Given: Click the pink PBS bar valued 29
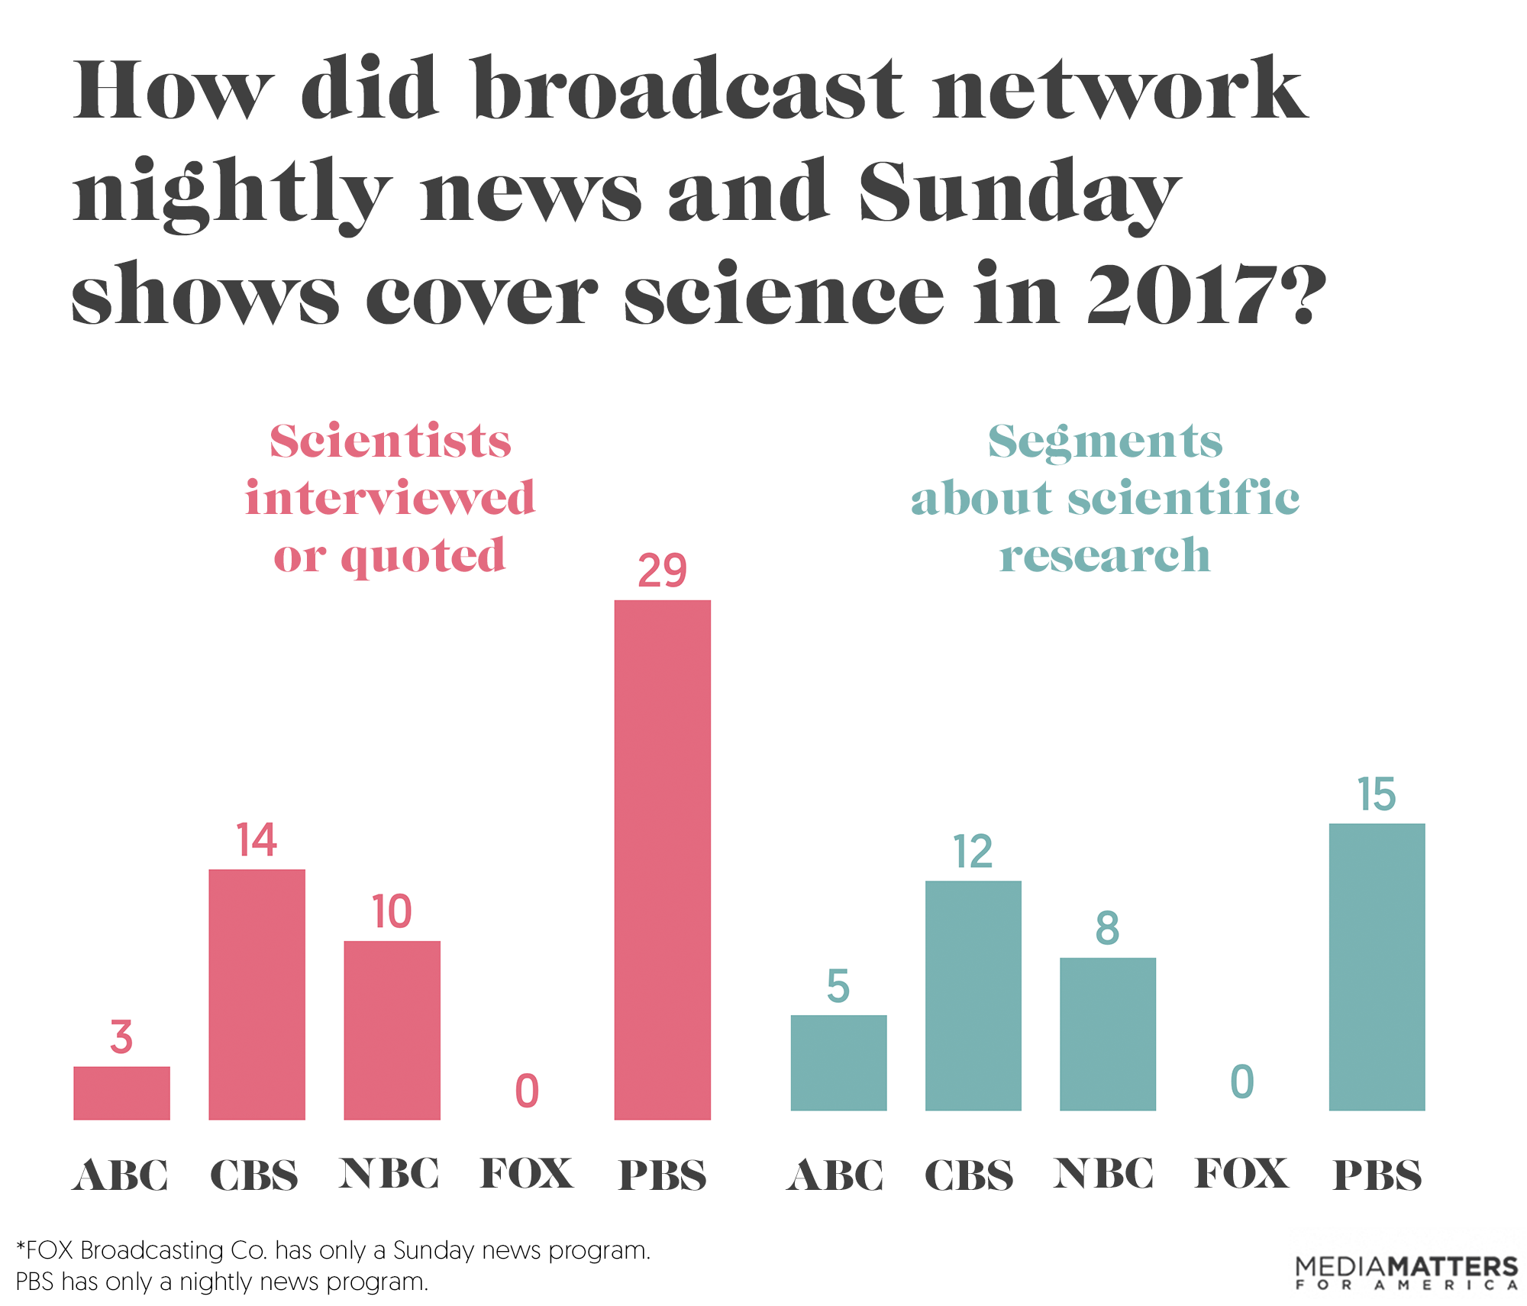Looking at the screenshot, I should click(662, 859).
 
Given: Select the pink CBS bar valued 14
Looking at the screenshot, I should click(257, 994).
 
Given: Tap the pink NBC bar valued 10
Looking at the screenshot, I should click(392, 1030).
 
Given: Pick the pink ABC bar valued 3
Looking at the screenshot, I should click(121, 1092).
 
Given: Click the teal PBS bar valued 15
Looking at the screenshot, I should click(1377, 966).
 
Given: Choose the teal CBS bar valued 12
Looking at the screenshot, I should click(973, 995).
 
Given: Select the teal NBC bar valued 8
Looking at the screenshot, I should click(1107, 1033).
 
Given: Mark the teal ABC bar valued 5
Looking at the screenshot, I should click(838, 1062).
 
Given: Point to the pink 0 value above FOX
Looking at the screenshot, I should click(527, 1091).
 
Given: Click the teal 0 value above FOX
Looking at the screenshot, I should click(1242, 1081).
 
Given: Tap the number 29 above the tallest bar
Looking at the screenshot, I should click(662, 571).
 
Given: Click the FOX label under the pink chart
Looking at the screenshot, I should click(527, 1174).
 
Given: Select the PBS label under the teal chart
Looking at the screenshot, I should click(1377, 1175).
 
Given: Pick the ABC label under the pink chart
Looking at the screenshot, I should click(121, 1175).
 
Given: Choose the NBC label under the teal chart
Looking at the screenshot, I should click(1104, 1174).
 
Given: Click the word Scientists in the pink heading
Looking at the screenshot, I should click(390, 441).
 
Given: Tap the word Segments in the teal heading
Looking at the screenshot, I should click(1105, 441).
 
